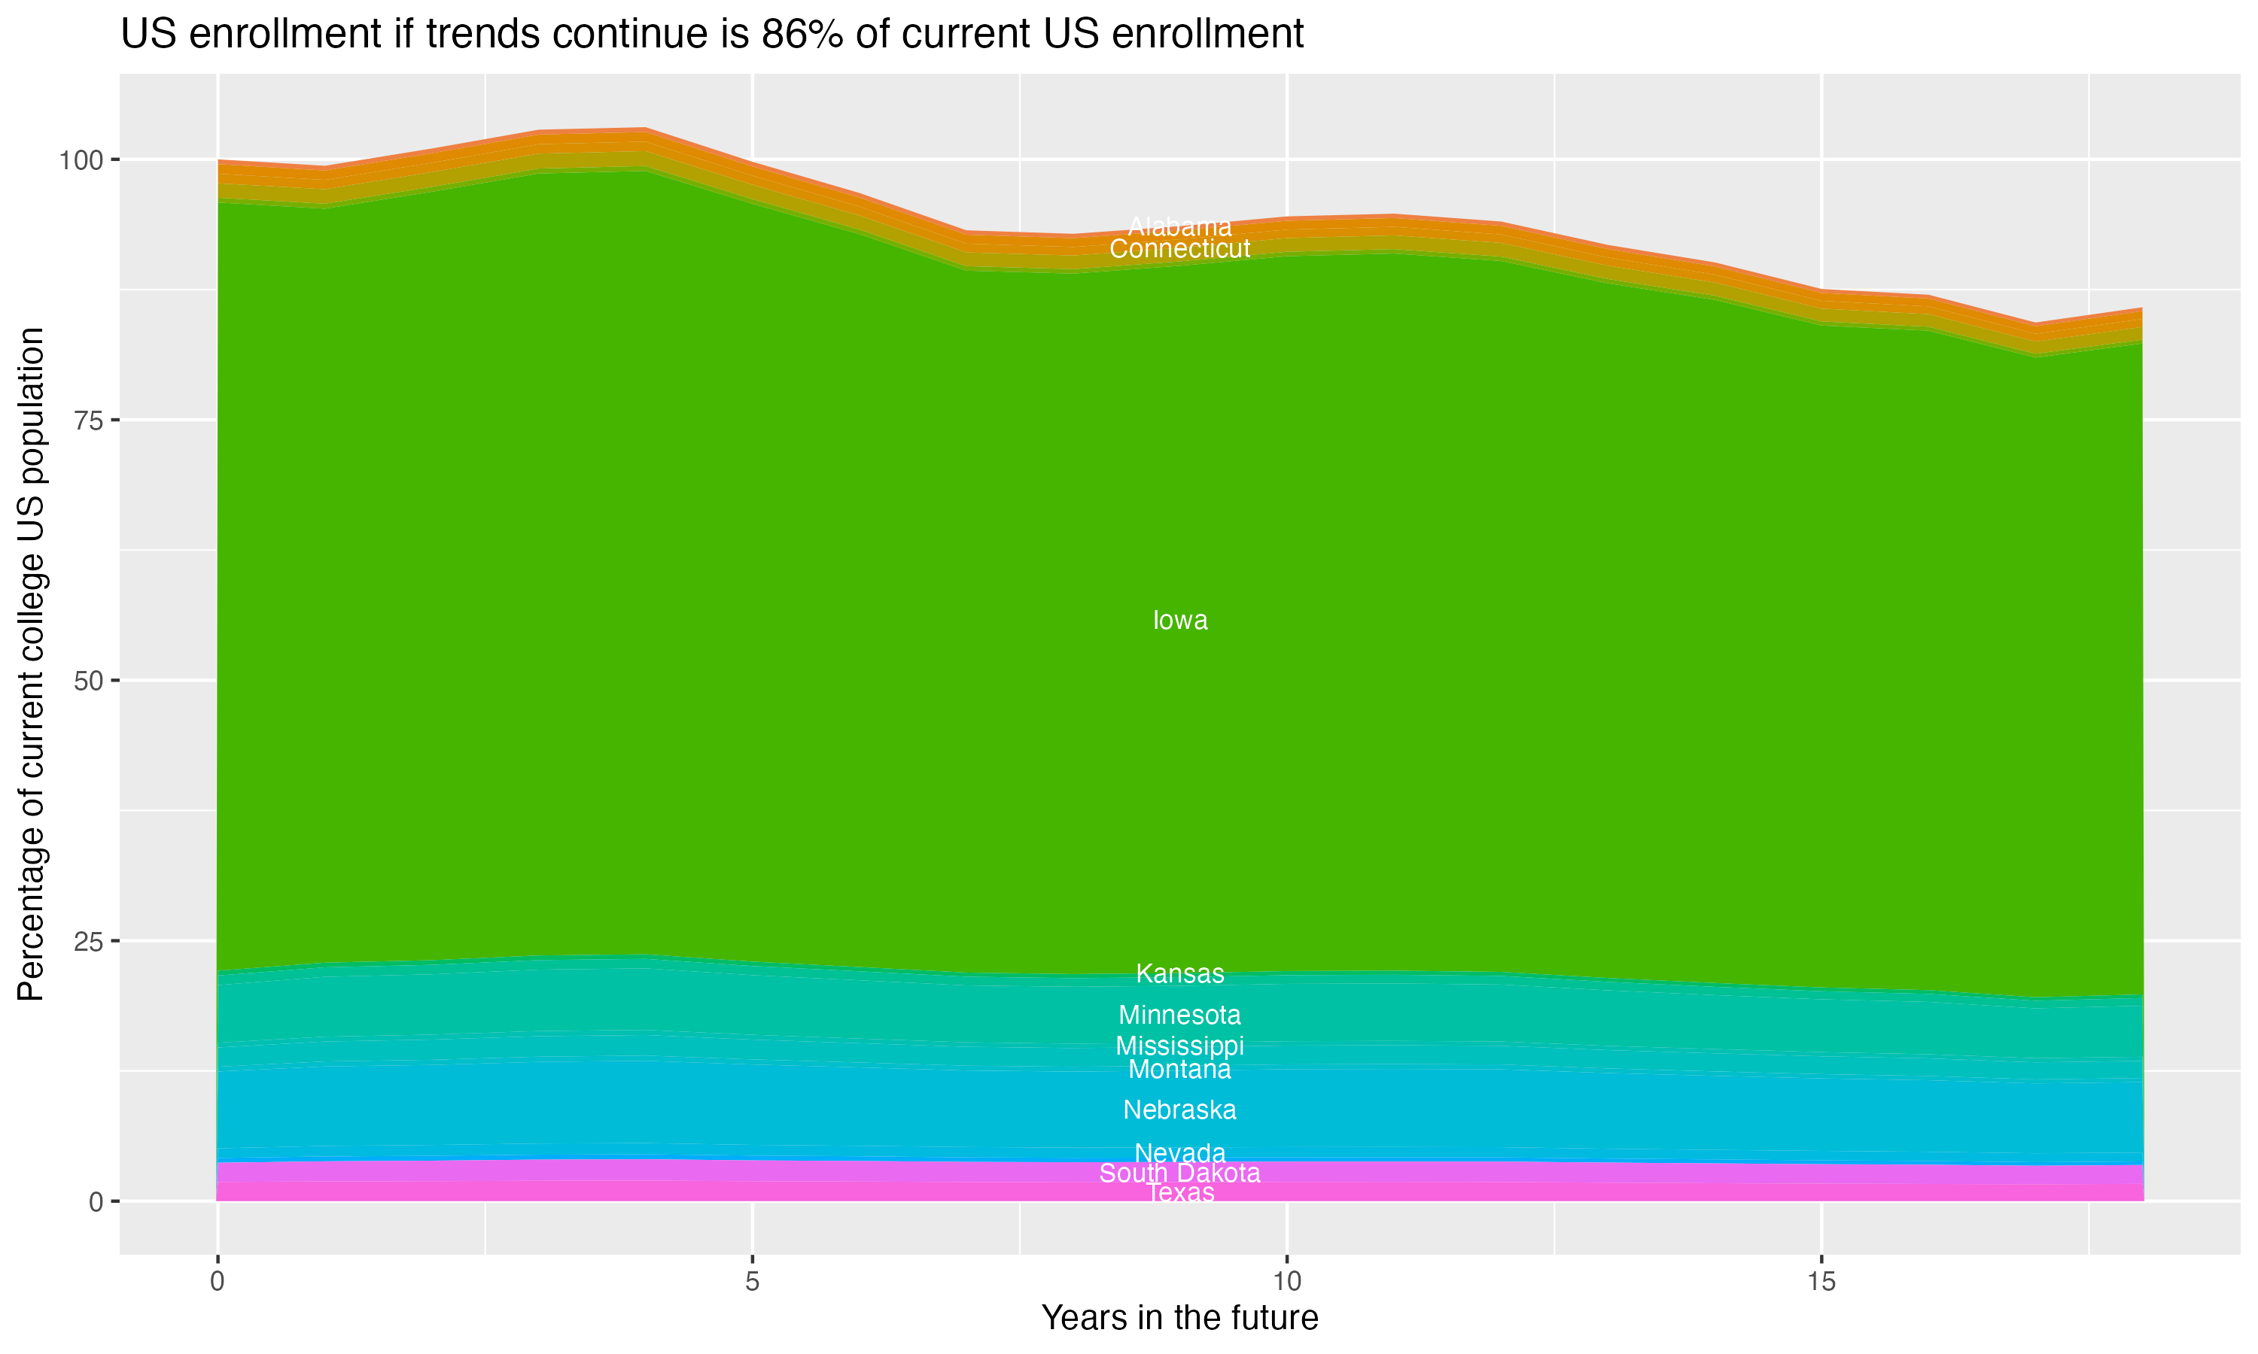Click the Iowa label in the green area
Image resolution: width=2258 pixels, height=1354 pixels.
point(1179,621)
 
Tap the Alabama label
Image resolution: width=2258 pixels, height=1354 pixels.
point(1179,226)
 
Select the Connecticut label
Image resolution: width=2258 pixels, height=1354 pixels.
point(1179,248)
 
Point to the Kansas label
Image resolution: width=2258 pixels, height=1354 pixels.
point(1179,973)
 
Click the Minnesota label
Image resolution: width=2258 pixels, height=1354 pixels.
point(1179,1015)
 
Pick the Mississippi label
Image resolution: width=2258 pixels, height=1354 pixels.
point(1179,1046)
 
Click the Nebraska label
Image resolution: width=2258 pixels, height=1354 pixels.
point(1179,1110)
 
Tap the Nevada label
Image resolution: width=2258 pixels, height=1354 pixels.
point(1179,1153)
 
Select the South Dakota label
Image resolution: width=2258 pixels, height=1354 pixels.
point(1179,1173)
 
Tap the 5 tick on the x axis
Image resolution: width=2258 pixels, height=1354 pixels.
point(752,1282)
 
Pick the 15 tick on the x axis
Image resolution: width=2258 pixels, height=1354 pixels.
point(1821,1282)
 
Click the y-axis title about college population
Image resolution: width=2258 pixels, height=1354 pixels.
point(31,664)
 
